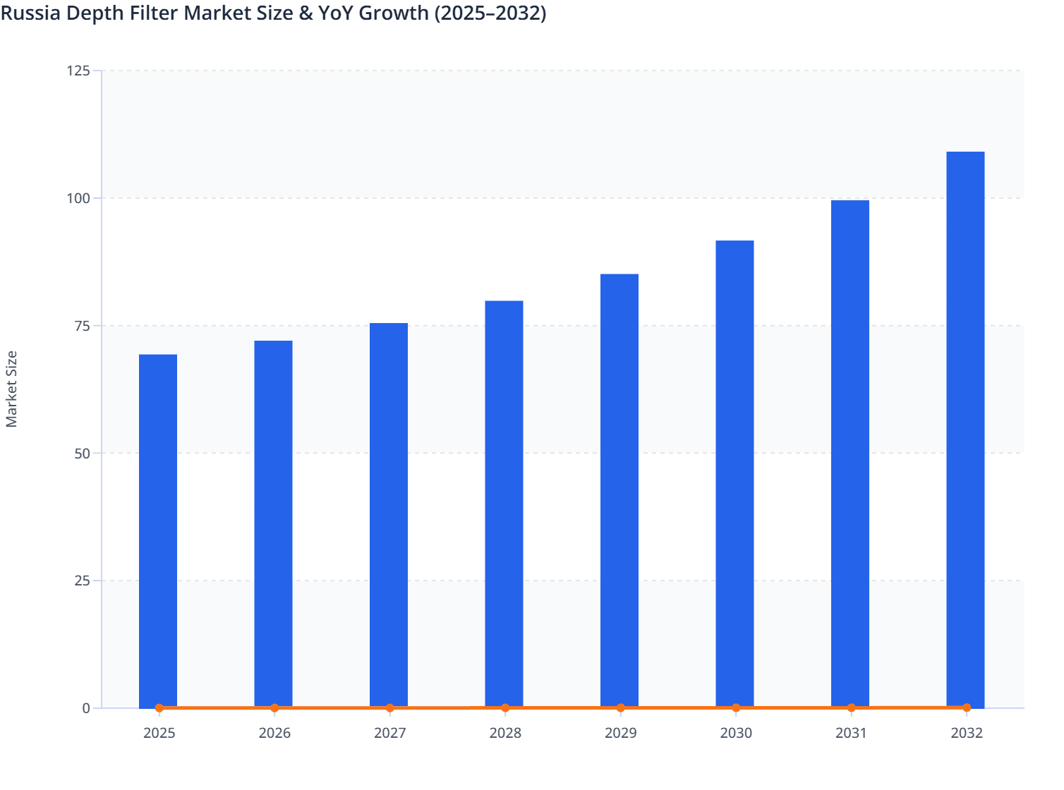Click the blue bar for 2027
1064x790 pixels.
(x=389, y=515)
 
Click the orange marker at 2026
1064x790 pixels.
(x=274, y=708)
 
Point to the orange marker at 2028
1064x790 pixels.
(x=505, y=708)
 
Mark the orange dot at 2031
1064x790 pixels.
(x=851, y=707)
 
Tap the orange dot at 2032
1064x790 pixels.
(x=967, y=707)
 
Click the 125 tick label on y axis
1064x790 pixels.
(x=78, y=71)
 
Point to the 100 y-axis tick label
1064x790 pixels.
(x=78, y=198)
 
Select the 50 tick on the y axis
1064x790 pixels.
(x=82, y=454)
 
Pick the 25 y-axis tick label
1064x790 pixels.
(x=82, y=581)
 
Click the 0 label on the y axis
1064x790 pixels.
(x=86, y=708)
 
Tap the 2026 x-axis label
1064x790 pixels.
(x=274, y=734)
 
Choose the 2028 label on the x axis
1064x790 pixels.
(x=505, y=734)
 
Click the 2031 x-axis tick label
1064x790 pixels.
(x=851, y=734)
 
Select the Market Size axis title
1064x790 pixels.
(x=12, y=389)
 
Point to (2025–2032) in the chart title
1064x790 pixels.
(x=490, y=13)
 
